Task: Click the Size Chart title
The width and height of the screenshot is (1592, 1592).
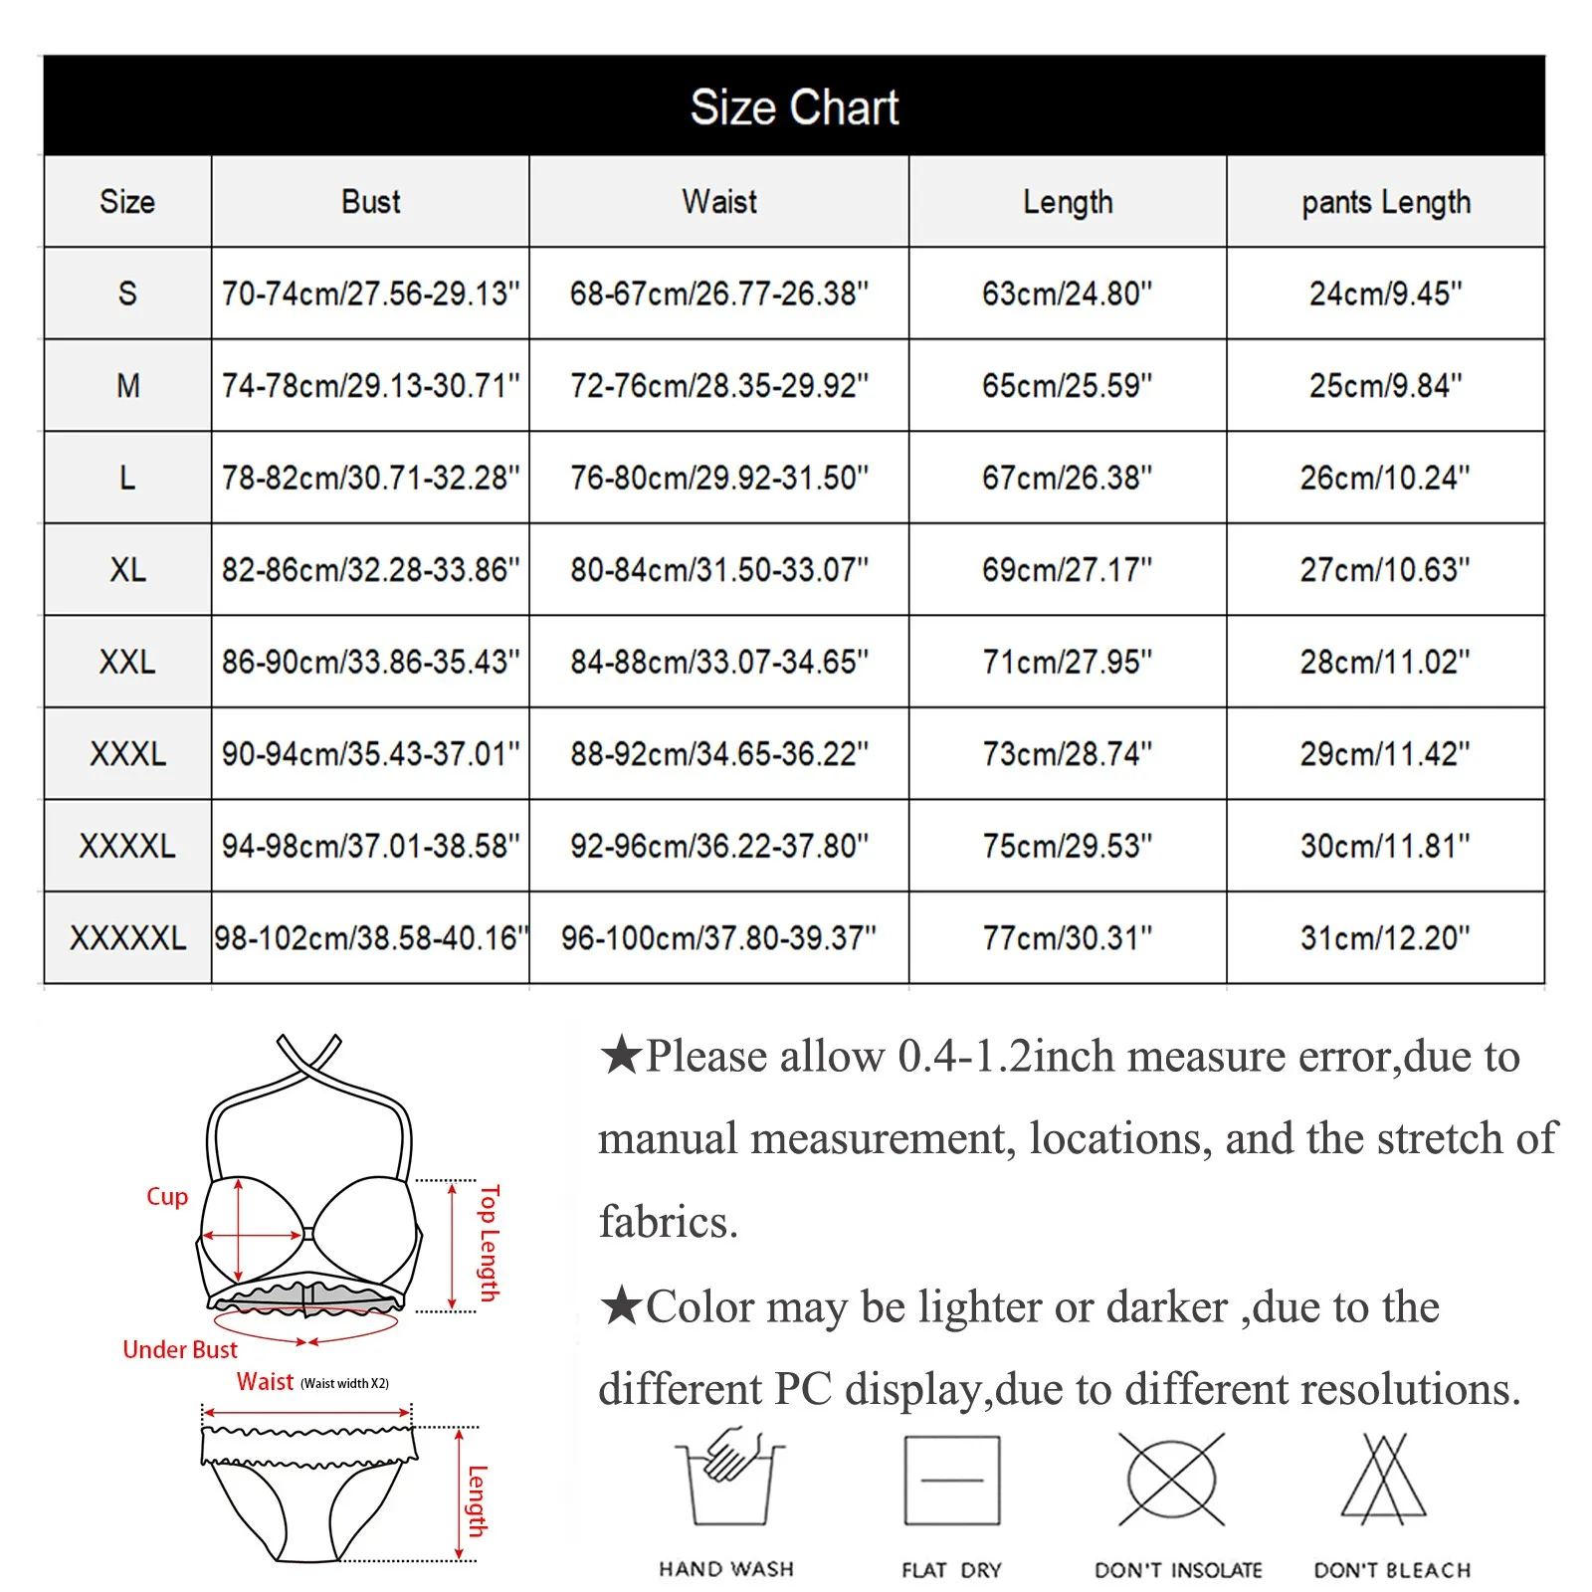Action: click(794, 106)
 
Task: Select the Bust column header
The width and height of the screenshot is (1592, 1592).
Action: click(370, 202)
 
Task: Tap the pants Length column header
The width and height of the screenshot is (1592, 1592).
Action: click(1385, 202)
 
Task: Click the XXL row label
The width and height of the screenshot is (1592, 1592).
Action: click(127, 662)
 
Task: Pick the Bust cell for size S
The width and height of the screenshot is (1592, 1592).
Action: click(370, 294)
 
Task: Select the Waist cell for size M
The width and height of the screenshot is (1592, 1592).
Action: click(718, 385)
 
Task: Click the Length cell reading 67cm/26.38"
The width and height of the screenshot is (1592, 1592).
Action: click(1067, 478)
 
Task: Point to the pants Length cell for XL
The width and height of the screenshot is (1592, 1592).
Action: click(1385, 570)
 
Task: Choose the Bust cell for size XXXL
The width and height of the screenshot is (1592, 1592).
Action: click(370, 754)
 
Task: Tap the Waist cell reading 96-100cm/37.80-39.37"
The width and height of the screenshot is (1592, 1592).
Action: click(718, 937)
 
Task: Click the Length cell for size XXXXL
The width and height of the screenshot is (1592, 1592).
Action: click(1067, 846)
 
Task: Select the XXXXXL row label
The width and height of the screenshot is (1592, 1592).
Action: click(127, 937)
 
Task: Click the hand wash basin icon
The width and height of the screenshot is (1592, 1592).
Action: click(729, 1480)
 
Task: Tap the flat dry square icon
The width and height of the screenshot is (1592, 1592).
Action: click(951, 1481)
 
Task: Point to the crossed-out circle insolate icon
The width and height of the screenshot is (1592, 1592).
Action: click(1172, 1480)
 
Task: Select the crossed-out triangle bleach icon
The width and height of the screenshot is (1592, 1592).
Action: click(1384, 1480)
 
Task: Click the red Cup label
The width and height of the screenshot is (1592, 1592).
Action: click(167, 1197)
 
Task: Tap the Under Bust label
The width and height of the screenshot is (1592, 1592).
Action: click(180, 1350)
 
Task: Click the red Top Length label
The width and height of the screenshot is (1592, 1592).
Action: click(489, 1243)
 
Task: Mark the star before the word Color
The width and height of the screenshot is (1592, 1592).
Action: click(621, 1305)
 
